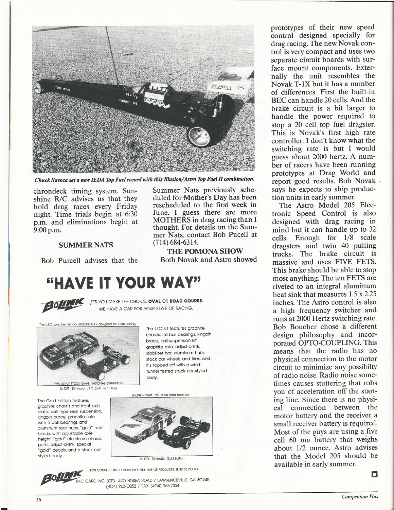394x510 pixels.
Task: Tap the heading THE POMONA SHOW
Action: coord(205,251)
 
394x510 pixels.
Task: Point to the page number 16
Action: coord(37,499)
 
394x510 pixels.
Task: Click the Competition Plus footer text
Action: coord(360,496)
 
